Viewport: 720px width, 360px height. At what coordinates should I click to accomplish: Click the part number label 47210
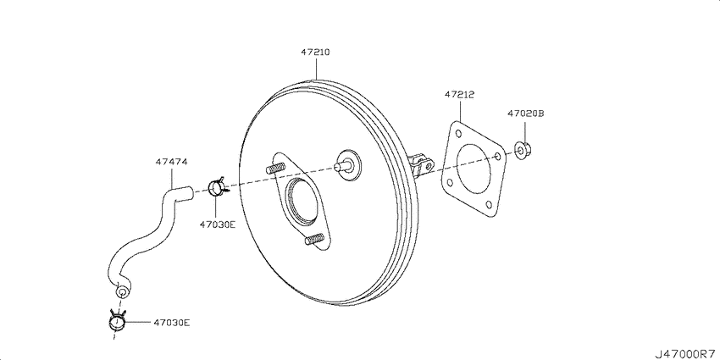315,53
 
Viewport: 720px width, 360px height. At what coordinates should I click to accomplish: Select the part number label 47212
460,95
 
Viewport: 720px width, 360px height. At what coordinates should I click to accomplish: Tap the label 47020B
526,113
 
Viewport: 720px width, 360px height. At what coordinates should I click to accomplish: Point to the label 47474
171,162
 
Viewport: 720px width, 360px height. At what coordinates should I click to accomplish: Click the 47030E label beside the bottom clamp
171,323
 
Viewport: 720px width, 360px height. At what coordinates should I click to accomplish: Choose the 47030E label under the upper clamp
217,224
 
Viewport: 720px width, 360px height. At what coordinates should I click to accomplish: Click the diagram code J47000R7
685,354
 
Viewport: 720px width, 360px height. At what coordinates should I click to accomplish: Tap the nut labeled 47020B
523,150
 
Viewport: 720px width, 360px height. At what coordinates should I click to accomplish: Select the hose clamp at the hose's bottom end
117,319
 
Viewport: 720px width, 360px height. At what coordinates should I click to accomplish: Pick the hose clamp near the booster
217,187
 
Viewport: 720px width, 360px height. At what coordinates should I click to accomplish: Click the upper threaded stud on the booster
275,168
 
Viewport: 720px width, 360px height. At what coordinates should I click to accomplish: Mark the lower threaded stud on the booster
314,238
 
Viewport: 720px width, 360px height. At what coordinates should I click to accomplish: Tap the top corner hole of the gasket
458,133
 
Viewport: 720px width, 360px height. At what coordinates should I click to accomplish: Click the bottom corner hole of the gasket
489,205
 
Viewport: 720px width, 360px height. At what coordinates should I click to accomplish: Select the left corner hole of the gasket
450,183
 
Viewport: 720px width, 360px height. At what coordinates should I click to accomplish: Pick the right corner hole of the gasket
498,156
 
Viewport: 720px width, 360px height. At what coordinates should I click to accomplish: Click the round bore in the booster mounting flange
302,200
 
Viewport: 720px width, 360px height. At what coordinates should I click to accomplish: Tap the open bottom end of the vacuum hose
121,291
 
